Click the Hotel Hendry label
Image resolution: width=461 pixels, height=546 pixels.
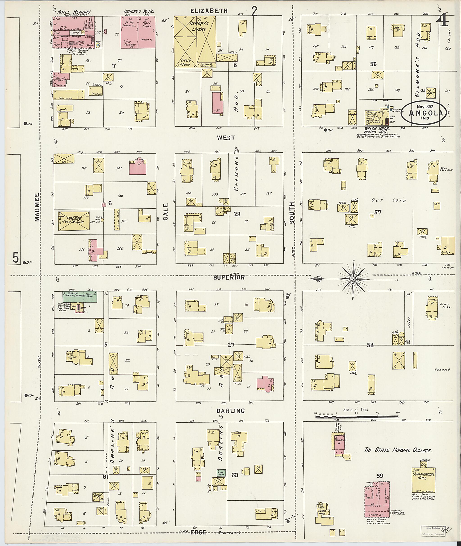click(74, 12)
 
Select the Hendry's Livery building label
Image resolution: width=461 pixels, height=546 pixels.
click(199, 26)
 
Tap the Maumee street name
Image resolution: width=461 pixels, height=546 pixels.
click(37, 207)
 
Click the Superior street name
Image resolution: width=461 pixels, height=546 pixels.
click(229, 277)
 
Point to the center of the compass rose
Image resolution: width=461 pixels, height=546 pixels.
click(353, 279)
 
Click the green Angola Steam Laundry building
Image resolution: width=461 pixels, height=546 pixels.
click(79, 297)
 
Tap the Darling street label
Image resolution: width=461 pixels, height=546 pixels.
click(231, 411)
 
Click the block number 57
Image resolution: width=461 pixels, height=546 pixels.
click(378, 212)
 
